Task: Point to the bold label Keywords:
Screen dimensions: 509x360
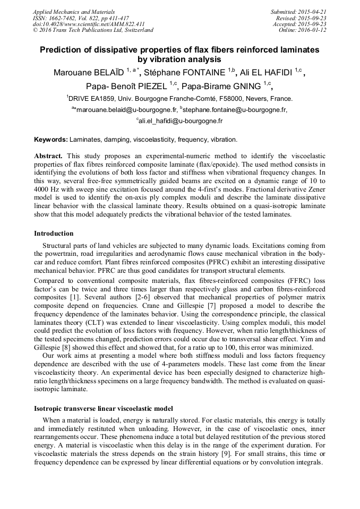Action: tap(51, 140)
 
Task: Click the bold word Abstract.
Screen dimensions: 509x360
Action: tap(48, 157)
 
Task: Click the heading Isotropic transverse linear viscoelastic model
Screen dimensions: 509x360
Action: tap(104, 408)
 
